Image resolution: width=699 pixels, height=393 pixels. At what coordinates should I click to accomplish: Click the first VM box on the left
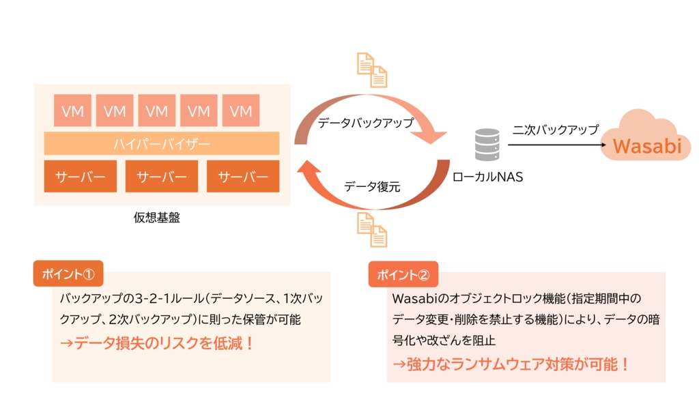[72, 111]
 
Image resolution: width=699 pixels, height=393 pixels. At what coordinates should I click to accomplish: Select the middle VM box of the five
[157, 111]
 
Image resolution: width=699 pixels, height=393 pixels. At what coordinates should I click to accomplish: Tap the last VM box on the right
[241, 111]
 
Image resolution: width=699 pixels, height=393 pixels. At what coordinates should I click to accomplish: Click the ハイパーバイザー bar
[162, 144]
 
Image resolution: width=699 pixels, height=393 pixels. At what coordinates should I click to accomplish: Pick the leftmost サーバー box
[81, 177]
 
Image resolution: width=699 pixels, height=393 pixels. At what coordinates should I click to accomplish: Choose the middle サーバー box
[162, 177]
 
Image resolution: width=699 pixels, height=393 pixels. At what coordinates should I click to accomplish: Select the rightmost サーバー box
[243, 177]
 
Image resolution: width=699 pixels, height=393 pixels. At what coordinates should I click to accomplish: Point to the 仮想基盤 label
[157, 218]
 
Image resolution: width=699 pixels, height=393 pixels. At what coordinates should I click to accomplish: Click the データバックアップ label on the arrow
[366, 123]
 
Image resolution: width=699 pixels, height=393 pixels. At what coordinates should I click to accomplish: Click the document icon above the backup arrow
[373, 70]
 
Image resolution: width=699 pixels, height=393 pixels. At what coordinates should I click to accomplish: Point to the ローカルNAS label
[487, 177]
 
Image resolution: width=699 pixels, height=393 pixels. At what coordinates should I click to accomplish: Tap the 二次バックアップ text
[555, 129]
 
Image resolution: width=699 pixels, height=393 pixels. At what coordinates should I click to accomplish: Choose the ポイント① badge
[68, 274]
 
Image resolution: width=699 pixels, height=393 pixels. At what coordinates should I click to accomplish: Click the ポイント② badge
[403, 274]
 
